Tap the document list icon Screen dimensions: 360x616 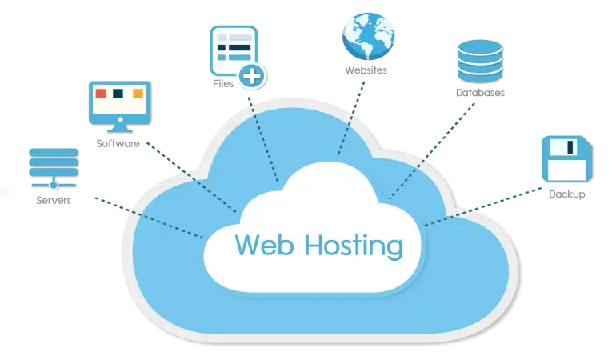click(233, 51)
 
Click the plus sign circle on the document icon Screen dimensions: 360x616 click(254, 78)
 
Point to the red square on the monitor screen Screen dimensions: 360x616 click(101, 93)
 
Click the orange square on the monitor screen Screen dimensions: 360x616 click(138, 93)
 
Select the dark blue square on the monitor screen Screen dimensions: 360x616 click(119, 93)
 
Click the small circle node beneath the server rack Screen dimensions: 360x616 click(54, 185)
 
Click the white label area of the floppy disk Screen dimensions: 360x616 click(565, 170)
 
